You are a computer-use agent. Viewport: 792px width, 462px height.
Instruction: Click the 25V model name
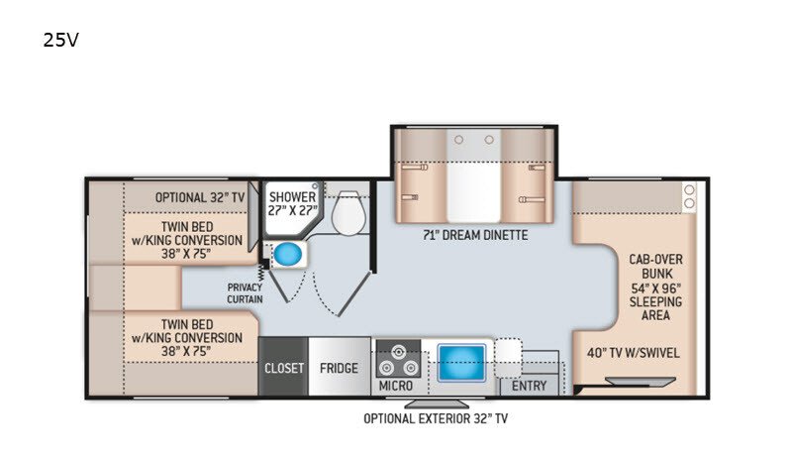coord(60,40)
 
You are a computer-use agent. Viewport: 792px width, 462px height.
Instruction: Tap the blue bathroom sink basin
coord(288,254)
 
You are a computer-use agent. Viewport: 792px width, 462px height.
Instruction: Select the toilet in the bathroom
coord(348,213)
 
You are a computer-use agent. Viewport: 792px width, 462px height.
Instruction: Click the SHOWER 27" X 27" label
coord(292,203)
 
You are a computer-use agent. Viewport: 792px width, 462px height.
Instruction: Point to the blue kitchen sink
coord(461,363)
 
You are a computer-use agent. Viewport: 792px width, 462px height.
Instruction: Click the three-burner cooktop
coord(399,359)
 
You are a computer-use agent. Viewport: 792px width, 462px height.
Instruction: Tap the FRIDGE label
coord(339,368)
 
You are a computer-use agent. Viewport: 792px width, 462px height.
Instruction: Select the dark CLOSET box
coord(283,367)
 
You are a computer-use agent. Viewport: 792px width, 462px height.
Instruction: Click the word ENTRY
coord(529,386)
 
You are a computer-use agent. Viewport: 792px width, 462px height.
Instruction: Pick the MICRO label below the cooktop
coord(395,386)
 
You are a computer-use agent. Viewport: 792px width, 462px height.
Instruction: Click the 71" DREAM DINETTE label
coord(475,235)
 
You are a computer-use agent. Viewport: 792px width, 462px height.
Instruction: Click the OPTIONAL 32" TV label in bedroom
coord(200,197)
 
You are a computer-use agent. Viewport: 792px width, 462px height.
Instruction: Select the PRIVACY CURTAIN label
coord(245,293)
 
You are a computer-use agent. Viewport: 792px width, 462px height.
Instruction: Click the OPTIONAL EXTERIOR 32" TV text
coord(436,418)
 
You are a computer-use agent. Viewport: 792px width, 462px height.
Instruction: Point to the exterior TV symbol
coord(437,404)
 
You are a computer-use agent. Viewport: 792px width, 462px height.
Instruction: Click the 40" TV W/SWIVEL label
coord(634,353)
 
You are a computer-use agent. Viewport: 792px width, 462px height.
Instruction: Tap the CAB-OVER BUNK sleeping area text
coord(655,288)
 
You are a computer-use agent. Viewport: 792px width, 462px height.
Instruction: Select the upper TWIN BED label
coord(187,240)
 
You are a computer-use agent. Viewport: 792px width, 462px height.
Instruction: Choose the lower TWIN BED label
coord(187,337)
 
